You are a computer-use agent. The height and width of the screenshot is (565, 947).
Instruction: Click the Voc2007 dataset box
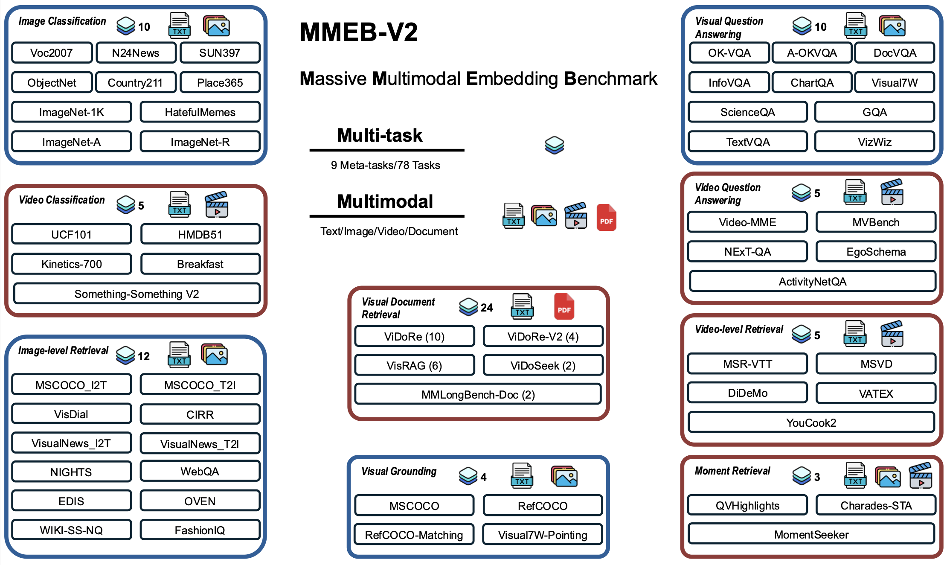coord(52,53)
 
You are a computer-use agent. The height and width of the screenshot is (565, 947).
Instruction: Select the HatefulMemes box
coord(200,112)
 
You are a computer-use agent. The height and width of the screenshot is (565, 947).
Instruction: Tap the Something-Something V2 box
coord(137,294)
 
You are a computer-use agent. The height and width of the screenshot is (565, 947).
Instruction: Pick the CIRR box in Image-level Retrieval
coord(200,414)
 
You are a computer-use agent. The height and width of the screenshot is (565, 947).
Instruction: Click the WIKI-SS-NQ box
coord(71,530)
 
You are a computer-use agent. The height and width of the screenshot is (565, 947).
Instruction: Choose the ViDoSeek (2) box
coord(543,366)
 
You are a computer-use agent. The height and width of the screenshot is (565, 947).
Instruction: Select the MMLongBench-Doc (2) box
coord(478,395)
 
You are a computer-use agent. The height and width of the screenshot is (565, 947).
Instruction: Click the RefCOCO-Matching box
coord(414,535)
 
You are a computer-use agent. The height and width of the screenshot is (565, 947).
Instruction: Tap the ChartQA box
coord(812,83)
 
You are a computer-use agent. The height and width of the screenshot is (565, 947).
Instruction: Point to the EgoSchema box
coord(876,252)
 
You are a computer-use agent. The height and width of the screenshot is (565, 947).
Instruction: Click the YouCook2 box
coord(811,422)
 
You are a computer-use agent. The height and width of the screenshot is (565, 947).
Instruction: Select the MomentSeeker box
coord(811,534)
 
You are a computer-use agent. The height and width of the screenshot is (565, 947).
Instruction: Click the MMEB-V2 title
coord(358,32)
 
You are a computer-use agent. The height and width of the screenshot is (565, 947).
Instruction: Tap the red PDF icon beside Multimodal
coord(606,218)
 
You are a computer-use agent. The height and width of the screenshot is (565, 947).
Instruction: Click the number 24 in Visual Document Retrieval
coord(486,308)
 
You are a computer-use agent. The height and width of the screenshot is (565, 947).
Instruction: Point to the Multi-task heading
coord(380,136)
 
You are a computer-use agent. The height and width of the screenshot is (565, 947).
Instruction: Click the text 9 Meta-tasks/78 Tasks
coord(385,165)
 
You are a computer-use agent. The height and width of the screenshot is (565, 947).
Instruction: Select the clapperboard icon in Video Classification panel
coord(217,205)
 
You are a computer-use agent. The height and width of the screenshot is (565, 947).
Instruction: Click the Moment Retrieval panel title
coord(732,471)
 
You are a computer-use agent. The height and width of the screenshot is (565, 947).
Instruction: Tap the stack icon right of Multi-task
coord(554,145)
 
